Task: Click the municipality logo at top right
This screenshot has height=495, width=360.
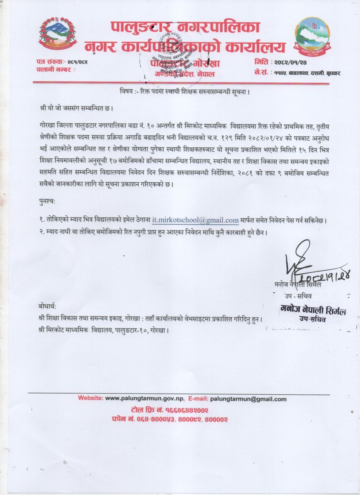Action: (x=312, y=35)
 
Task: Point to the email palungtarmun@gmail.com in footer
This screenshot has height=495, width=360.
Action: (x=248, y=399)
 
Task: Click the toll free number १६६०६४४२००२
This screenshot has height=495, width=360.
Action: (x=186, y=410)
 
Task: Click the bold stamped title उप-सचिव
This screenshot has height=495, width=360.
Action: (x=312, y=318)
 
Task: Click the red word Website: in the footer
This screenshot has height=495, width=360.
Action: (x=91, y=399)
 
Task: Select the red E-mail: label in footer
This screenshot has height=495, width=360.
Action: (x=198, y=399)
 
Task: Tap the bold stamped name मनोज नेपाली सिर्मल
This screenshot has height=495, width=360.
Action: (x=313, y=311)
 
